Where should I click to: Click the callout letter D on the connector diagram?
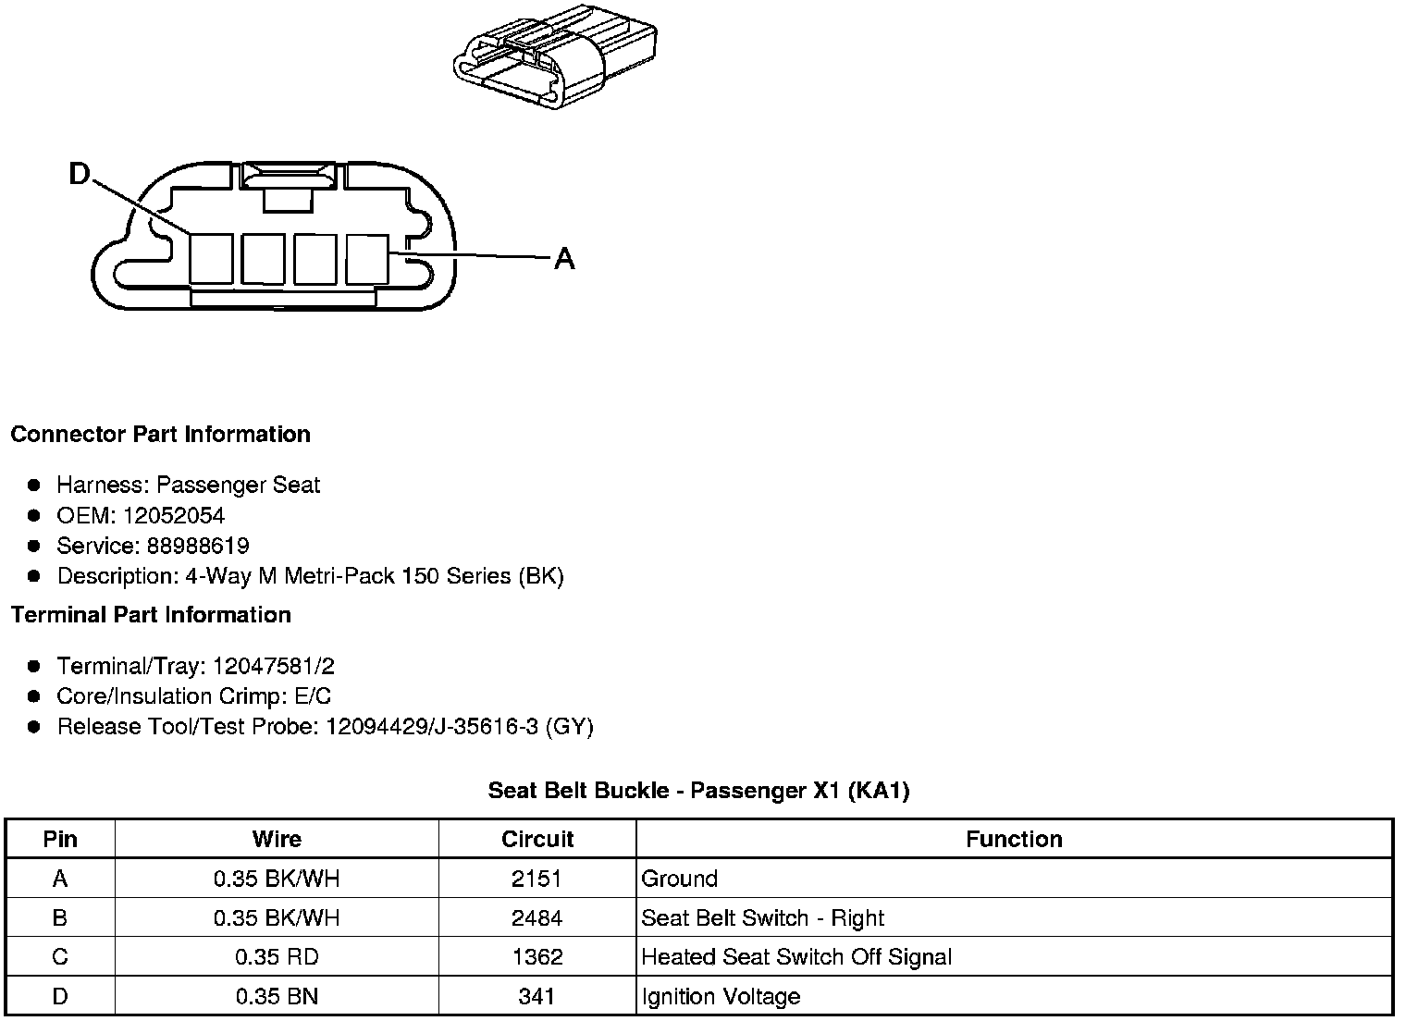[x=80, y=174]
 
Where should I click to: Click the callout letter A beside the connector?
[x=564, y=260]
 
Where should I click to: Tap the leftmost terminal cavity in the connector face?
[x=211, y=258]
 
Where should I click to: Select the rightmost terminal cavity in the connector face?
[x=367, y=258]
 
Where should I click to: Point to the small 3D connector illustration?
[x=553, y=55]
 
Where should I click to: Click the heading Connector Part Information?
[x=160, y=435]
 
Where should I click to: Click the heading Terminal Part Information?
[x=151, y=615]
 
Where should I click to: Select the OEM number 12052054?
[x=174, y=515]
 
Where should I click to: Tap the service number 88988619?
[x=198, y=546]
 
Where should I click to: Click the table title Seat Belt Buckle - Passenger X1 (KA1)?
[x=698, y=791]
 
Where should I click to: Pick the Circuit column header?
[x=536, y=839]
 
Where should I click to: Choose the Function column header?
[x=1014, y=839]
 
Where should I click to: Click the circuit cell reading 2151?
[x=536, y=879]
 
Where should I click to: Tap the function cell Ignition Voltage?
[x=721, y=997]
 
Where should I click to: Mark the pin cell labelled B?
[x=60, y=918]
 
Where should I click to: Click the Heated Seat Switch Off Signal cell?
[x=796, y=957]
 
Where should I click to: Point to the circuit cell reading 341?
[x=536, y=997]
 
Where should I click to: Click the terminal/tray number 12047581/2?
[x=274, y=666]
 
